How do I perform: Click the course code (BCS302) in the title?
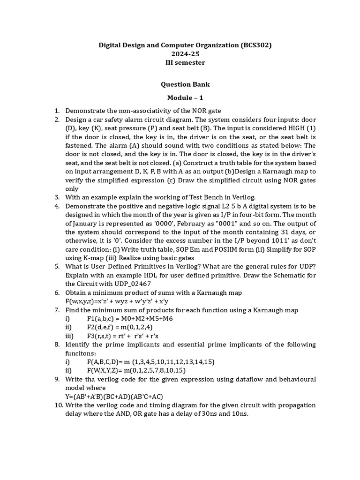[256, 45]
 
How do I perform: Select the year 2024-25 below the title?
[185, 54]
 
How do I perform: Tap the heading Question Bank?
[185, 84]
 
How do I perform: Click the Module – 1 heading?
[185, 97]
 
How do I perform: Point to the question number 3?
[57, 197]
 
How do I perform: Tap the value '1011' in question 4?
[240, 240]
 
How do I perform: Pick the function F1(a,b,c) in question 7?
[130, 318]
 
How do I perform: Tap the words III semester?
[185, 62]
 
